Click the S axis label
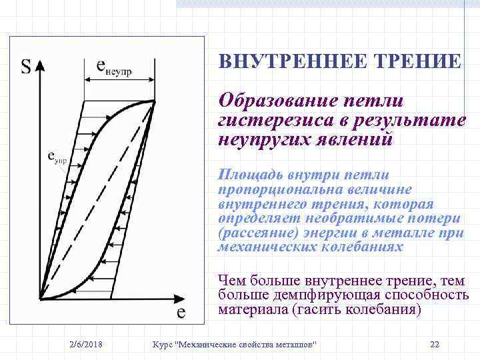click(x=26, y=67)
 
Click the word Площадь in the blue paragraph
click(x=251, y=175)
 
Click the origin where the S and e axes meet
click(x=40, y=297)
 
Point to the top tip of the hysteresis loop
click(x=155, y=101)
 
